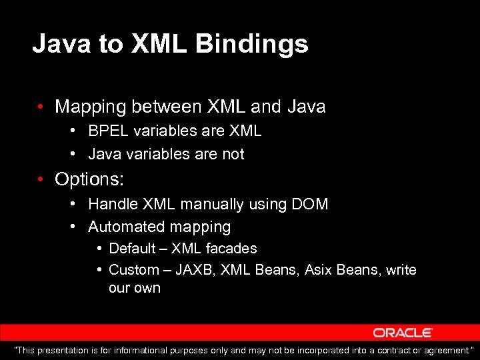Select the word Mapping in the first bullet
click(91, 106)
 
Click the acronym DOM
click(310, 204)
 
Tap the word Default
click(133, 249)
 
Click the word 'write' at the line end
click(401, 270)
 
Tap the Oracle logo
click(403, 333)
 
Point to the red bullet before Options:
click(41, 179)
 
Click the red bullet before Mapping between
click(41, 106)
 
